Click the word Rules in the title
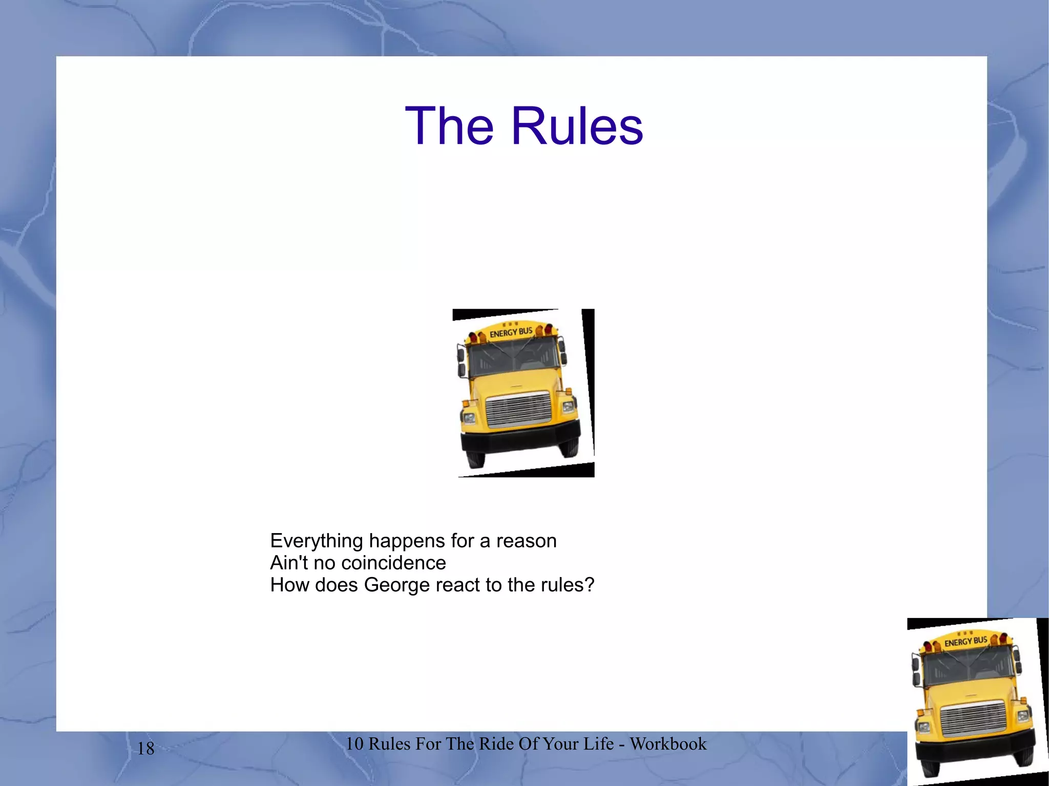coord(577,126)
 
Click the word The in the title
coord(449,126)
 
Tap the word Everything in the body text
coord(317,541)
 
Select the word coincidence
coord(393,563)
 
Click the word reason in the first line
coord(526,541)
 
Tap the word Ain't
coord(289,563)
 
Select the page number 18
coord(146,749)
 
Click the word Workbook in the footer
coord(668,743)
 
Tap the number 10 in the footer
coord(354,743)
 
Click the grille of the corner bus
coord(974,720)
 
